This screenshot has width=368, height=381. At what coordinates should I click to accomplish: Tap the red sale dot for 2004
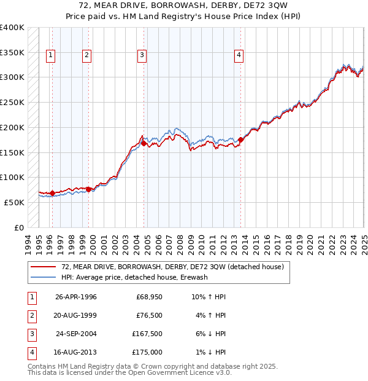(144, 143)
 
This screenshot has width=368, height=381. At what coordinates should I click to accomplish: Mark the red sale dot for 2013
(240, 139)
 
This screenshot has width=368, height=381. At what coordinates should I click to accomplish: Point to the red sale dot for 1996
(53, 193)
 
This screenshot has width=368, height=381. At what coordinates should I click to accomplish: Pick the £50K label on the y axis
(14, 202)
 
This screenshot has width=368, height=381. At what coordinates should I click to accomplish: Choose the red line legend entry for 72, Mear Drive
(172, 267)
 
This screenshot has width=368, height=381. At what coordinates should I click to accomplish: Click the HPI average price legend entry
(135, 277)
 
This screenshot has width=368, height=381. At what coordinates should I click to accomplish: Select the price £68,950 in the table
(149, 297)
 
